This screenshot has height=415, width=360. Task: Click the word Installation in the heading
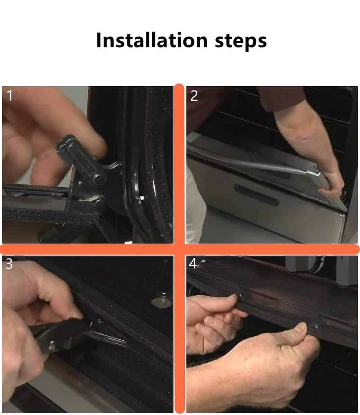[152, 40]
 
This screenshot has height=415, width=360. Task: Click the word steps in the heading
[241, 42]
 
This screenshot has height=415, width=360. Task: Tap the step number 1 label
[10, 95]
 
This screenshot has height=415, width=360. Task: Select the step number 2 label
[194, 96]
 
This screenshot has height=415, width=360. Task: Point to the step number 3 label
[9, 264]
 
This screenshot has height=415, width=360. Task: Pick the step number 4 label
[192, 264]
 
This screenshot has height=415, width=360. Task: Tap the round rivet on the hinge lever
[99, 179]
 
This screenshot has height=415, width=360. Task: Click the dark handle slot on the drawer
[256, 195]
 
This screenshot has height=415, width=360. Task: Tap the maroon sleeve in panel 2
[281, 98]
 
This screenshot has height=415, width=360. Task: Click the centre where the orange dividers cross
[180, 249]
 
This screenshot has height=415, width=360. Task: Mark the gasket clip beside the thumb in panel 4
[315, 325]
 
